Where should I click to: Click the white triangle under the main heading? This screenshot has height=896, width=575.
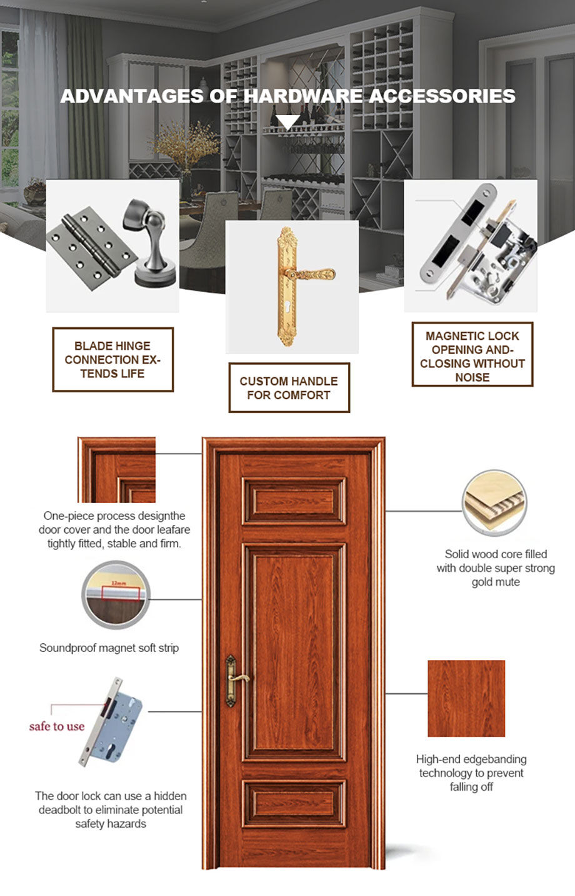coord(287,121)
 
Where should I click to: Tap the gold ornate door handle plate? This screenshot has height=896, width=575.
coord(287,286)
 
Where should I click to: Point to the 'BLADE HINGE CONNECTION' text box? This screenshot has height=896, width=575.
coord(112,360)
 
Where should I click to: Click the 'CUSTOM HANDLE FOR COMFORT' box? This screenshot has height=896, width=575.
coord(289,388)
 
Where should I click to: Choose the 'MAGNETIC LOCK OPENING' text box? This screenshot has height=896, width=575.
coord(472,355)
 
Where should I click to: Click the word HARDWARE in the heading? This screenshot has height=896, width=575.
coord(302,96)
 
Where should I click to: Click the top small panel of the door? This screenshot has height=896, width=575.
coord(294,501)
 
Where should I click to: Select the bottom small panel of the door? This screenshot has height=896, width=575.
coord(294,803)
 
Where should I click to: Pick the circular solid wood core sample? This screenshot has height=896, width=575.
coord(494,503)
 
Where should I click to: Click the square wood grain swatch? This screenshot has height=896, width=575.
coord(466,698)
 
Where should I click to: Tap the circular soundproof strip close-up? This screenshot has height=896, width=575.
coord(115,594)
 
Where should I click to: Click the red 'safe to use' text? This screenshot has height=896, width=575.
coord(56,726)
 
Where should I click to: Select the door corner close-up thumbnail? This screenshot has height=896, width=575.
coord(117,470)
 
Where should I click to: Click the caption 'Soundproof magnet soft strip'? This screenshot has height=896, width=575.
coord(109,648)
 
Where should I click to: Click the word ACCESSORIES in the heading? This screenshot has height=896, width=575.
coord(442,96)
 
